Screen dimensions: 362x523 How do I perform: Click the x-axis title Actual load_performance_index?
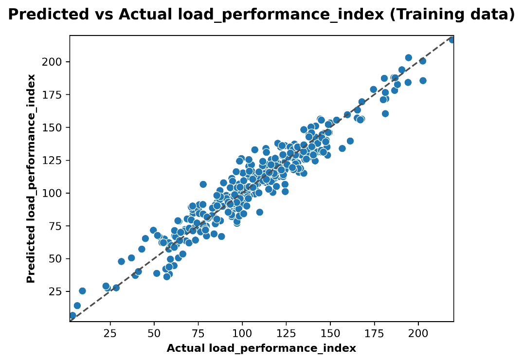pyautogui.click(x=261, y=348)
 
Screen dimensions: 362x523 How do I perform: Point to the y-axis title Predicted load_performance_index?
pyautogui.click(x=31, y=178)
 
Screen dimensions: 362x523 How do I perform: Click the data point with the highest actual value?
pyautogui.click(x=452, y=40)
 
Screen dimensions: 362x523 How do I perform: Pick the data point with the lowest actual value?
pyautogui.click(x=72, y=315)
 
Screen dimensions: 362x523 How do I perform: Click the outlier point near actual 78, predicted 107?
pyautogui.click(x=203, y=184)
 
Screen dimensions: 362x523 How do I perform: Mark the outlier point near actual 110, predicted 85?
pyautogui.click(x=259, y=212)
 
